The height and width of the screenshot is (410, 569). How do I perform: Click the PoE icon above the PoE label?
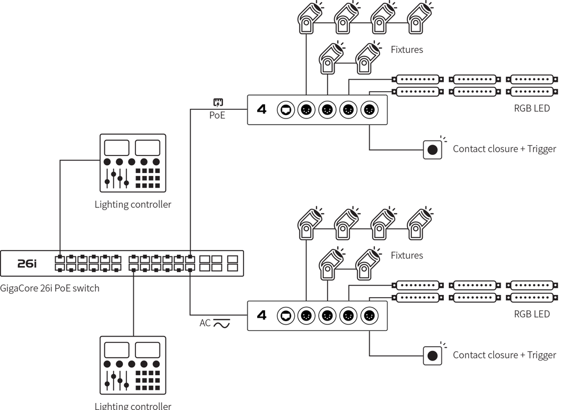[x=218, y=103]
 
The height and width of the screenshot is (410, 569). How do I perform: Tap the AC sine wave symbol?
[x=221, y=323]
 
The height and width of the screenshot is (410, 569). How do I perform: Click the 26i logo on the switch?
[x=26, y=263]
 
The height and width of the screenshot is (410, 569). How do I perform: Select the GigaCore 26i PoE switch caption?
[x=50, y=288]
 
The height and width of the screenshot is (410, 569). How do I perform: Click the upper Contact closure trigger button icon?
[x=432, y=150]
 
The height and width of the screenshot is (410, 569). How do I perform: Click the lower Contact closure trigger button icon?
[x=432, y=355]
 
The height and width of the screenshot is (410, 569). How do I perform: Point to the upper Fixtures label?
[x=407, y=50]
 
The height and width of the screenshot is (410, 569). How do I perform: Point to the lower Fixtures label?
[x=407, y=255]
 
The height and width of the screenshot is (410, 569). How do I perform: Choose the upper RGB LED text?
[x=532, y=108]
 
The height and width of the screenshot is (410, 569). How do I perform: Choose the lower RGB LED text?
[x=532, y=314]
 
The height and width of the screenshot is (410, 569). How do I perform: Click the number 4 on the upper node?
[x=262, y=109]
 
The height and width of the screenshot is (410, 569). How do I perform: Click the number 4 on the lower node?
[x=262, y=315]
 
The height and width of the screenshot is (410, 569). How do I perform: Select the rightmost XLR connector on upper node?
[x=369, y=109]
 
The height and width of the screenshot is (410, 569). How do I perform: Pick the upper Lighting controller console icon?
[x=133, y=162]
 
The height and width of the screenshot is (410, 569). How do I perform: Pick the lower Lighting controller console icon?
[x=133, y=365]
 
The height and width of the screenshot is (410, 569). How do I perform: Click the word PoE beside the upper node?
[x=217, y=116]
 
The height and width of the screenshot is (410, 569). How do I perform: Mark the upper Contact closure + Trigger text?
[x=504, y=149]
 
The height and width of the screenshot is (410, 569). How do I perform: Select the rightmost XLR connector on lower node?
[x=369, y=315]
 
